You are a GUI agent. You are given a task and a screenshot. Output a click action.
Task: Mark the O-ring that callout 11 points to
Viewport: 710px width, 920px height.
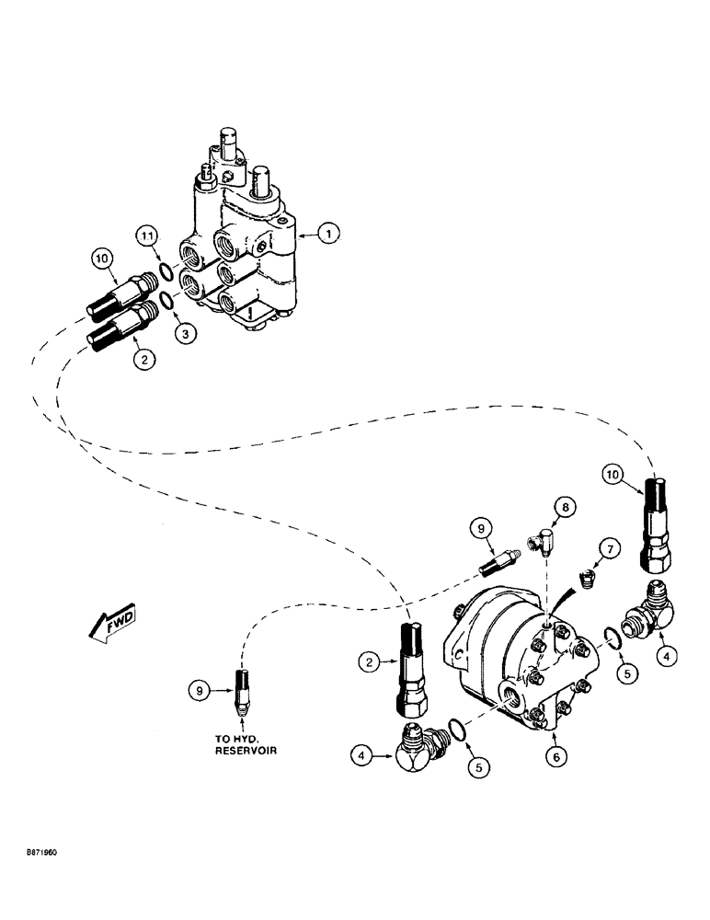(x=163, y=271)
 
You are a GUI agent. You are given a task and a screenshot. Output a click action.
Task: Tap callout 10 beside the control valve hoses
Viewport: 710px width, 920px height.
(x=103, y=260)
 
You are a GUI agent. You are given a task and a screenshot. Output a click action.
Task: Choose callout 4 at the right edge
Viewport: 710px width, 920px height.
(x=668, y=657)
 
